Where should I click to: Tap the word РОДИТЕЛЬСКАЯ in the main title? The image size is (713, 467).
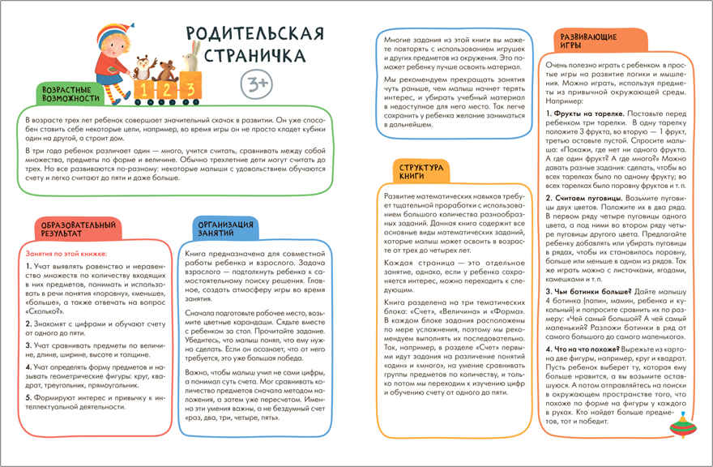[254, 35]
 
